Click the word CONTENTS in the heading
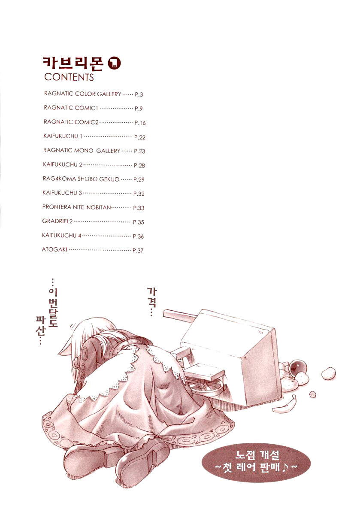69,77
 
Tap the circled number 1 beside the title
114,64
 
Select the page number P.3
139,94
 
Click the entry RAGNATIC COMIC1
71,108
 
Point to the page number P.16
140,123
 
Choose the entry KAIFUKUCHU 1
63,136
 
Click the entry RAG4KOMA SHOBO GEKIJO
81,179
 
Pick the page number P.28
139,165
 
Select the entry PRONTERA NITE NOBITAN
76,207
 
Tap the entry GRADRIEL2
57,221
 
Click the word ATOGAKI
54,249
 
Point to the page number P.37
138,250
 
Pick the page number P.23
139,151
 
